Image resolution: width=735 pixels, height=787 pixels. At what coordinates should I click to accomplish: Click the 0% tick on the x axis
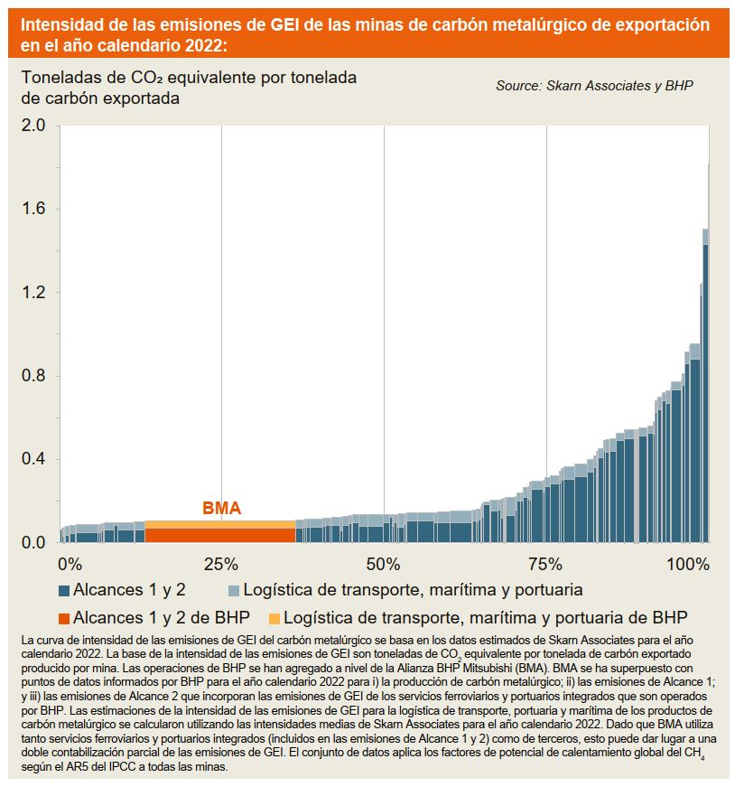[x=70, y=565]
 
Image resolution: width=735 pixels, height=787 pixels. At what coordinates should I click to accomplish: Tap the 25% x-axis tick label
[x=221, y=565]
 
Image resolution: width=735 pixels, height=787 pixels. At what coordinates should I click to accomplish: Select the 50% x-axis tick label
[x=385, y=565]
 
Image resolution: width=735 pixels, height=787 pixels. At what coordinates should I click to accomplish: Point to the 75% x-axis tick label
[x=544, y=565]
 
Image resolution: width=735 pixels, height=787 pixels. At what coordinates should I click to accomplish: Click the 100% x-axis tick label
[x=688, y=565]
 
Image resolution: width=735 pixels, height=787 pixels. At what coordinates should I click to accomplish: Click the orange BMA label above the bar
[x=221, y=509]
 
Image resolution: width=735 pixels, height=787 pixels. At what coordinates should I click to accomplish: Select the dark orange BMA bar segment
[x=220, y=535]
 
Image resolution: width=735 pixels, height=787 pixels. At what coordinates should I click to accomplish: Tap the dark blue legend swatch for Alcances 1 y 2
[x=64, y=591]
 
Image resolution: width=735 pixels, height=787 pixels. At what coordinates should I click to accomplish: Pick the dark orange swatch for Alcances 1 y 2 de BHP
[x=64, y=619]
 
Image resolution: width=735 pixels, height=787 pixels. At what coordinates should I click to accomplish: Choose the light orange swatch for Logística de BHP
[x=274, y=619]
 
